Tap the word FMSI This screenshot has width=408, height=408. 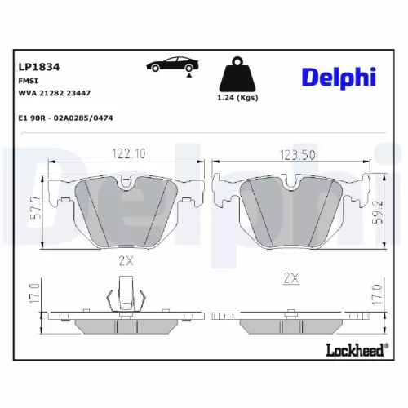click(x=27, y=82)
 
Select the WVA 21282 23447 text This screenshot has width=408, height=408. click(x=55, y=93)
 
